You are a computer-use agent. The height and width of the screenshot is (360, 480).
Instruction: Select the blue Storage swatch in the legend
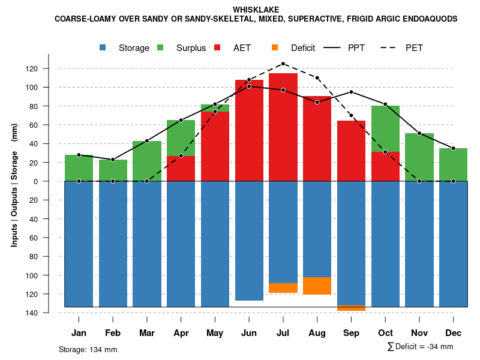pos(104,47)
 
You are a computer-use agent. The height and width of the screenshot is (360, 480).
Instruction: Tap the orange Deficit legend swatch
pos(275,47)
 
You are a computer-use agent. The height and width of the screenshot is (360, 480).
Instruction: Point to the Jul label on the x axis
pos(283,333)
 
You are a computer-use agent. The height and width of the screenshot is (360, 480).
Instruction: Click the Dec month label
pos(454,333)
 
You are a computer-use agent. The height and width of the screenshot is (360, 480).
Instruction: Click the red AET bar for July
pos(283,126)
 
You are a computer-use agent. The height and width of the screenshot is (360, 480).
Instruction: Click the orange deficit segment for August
pos(317,286)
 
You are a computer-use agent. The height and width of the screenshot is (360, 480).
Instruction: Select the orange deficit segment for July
pos(283,288)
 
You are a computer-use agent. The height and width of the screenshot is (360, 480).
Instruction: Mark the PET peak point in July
pos(283,64)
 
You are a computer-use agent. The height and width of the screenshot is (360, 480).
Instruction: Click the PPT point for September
pos(351,92)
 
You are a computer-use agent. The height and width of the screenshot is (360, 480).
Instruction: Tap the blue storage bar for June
pos(249,240)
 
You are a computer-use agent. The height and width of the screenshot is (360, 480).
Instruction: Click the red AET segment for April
pos(181,169)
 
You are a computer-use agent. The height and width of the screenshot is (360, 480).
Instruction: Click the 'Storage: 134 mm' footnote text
pos(88,349)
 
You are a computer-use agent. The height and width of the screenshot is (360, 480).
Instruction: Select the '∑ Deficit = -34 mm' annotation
pos(420,347)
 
